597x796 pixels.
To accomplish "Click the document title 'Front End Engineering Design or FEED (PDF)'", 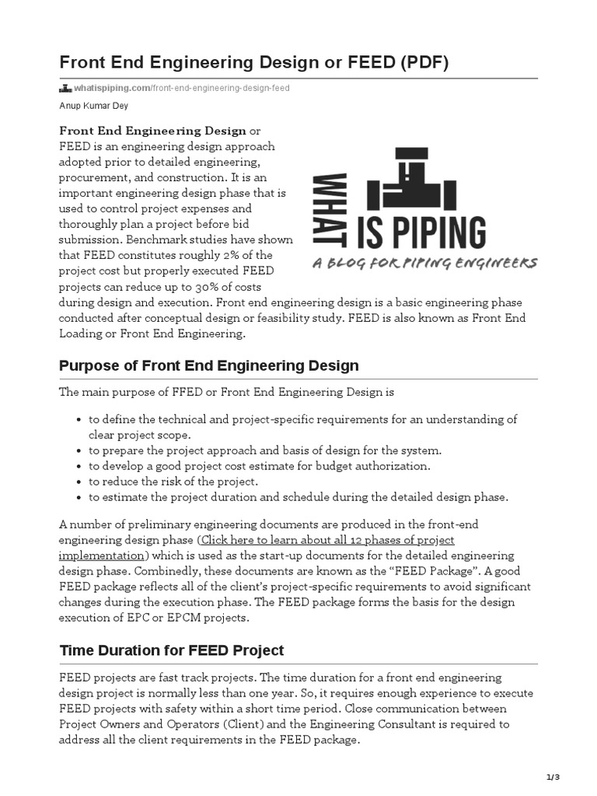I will (254, 63).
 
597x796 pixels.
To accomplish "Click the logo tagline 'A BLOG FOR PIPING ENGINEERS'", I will (424, 264).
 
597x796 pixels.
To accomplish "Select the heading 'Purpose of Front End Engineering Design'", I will (209, 365).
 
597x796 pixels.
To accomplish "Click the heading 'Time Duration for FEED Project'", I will (172, 650).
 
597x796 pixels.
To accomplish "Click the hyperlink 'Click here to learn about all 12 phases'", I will (326, 539).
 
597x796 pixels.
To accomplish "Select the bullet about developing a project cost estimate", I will (258, 466).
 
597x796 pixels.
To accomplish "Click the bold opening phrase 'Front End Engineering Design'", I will (152, 131).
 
